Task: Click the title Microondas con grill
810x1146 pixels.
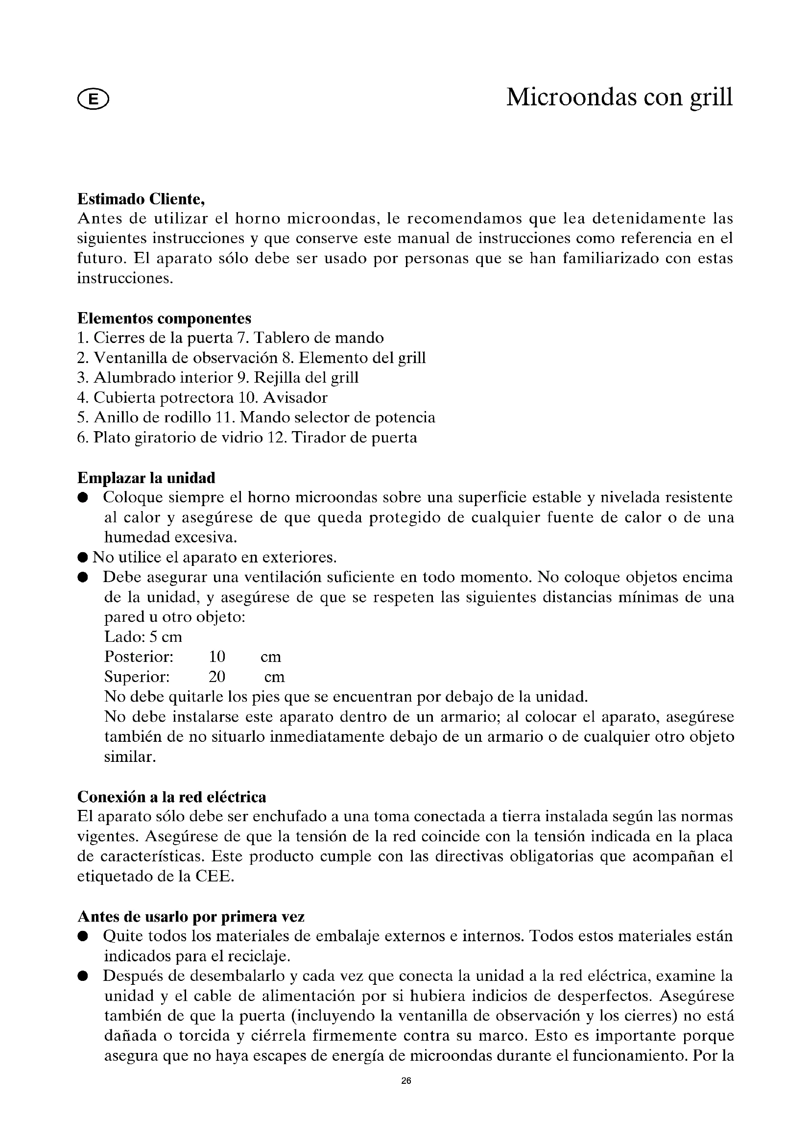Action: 619,97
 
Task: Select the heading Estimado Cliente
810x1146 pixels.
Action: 141,199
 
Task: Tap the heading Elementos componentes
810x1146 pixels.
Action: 164,318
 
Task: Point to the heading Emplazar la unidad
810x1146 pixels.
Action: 146,478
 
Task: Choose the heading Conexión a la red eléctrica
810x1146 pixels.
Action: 171,797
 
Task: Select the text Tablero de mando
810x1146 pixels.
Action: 319,338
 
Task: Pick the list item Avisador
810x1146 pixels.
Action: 295,398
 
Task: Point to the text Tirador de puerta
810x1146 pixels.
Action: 354,438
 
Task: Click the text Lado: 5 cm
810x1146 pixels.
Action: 143,637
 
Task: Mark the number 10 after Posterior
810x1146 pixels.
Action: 217,657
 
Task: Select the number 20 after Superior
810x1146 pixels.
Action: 217,677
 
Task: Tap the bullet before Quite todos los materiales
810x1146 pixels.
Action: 83,936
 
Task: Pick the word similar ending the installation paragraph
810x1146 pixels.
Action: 130,756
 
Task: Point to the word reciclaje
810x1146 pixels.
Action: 259,956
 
